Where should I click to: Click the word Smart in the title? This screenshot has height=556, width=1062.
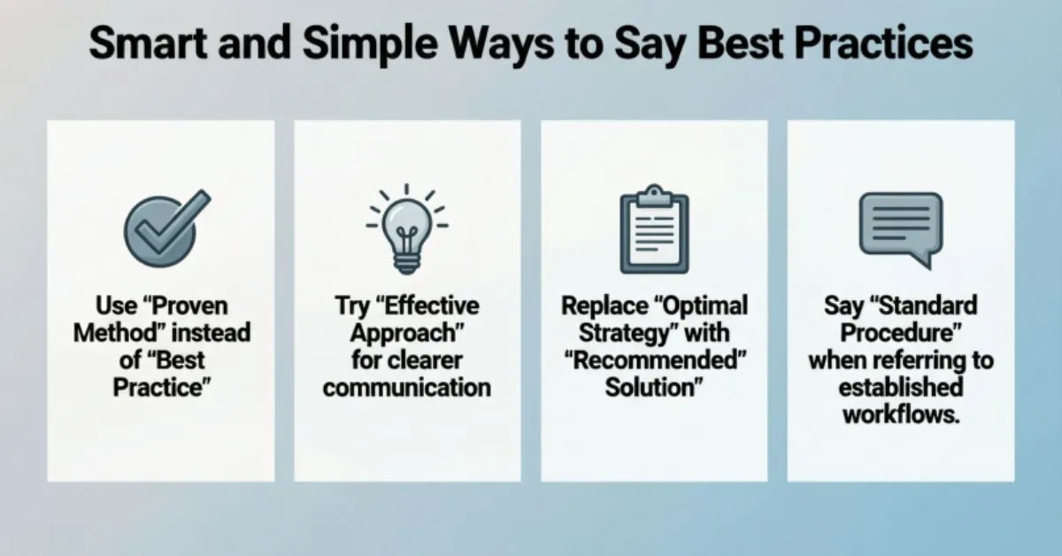[x=150, y=45]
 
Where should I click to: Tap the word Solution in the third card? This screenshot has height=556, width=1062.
[x=650, y=387]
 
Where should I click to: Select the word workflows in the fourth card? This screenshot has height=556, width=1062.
[x=901, y=413]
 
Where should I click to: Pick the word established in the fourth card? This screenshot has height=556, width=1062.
[x=901, y=387]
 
